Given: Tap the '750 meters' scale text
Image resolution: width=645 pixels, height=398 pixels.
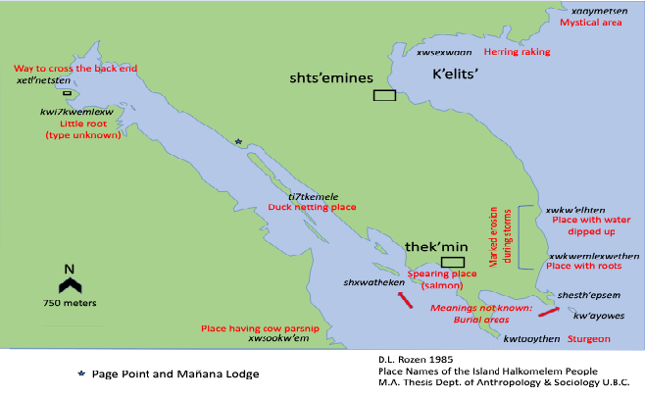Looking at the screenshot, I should tap(69, 303).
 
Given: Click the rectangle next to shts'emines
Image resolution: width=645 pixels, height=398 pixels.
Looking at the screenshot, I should tap(384, 95).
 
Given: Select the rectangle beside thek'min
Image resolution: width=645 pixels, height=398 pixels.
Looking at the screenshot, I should tap(452, 262).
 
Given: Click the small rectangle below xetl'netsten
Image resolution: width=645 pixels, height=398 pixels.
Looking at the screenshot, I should tap(67, 93).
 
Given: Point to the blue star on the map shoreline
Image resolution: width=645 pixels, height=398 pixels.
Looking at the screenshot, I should tap(238, 141).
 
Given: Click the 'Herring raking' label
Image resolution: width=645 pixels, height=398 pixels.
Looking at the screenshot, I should tap(518, 51).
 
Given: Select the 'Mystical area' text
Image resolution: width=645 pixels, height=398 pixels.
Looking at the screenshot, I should tap(591, 21).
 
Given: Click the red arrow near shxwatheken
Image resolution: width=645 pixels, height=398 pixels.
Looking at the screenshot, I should tap(405, 301).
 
